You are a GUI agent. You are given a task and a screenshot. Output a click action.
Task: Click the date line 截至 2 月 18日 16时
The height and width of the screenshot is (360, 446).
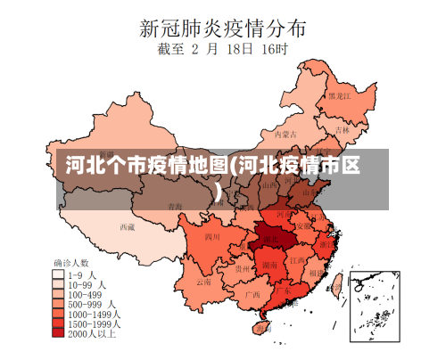tap(223, 51)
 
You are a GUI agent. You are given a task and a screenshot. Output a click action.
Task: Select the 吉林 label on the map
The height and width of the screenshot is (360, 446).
tap(343, 129)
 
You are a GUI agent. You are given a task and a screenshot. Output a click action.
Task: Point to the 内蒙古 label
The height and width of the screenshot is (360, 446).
tap(285, 135)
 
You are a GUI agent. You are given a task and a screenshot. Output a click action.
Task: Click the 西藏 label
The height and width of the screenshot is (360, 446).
tap(127, 227)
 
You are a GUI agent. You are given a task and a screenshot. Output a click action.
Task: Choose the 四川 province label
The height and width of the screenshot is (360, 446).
tap(211, 238)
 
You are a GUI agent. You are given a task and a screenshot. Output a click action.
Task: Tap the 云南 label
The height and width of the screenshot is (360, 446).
tap(204, 282)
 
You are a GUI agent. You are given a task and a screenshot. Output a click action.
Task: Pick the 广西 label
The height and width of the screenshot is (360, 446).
tap(252, 293)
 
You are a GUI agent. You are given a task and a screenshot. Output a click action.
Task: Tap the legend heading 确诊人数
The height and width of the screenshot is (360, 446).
tap(71, 263)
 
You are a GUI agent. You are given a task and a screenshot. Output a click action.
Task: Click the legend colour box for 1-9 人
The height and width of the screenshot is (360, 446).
tap(59, 274)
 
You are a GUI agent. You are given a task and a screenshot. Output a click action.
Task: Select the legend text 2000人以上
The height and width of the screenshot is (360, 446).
tap(94, 334)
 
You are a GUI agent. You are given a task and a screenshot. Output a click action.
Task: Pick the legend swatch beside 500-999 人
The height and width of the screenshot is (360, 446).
tap(59, 304)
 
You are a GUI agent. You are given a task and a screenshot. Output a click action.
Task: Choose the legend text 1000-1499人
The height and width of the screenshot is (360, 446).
tap(95, 314)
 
